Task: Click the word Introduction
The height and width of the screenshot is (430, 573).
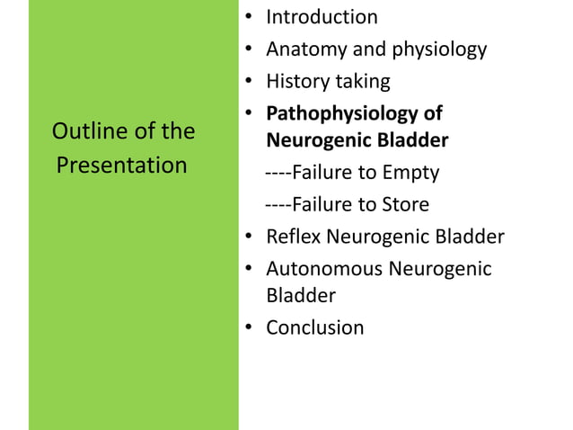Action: (322, 16)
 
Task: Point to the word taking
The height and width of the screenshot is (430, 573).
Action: (365, 81)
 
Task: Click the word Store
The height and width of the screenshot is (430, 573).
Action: (404, 204)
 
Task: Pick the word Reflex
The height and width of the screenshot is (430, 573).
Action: (294, 237)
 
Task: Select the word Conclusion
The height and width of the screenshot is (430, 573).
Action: (314, 327)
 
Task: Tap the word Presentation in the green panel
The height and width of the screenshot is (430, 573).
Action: (121, 166)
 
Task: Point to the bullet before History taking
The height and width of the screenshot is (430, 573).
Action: (247, 83)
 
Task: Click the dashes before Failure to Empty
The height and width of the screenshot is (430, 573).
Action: (279, 172)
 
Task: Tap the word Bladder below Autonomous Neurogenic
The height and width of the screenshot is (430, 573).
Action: (300, 294)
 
